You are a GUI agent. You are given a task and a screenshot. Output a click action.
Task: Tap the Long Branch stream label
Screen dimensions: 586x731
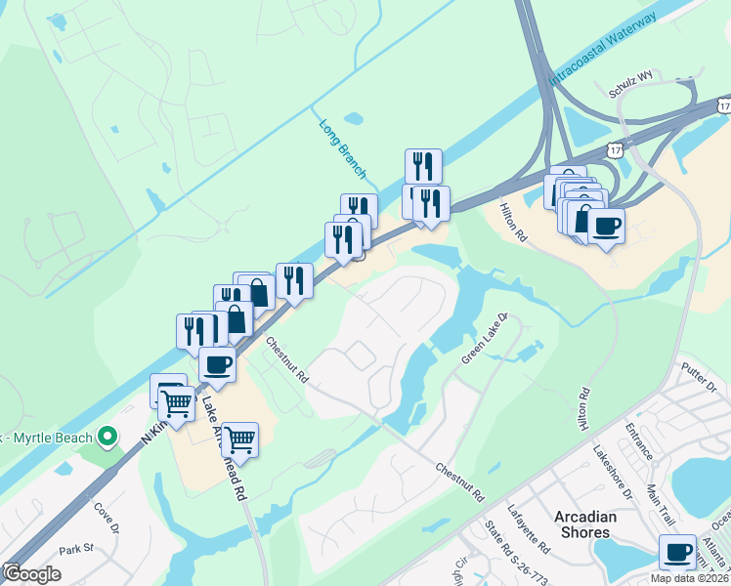coord(342,148)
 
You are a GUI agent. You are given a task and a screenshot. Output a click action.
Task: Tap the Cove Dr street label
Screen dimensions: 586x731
coord(106,516)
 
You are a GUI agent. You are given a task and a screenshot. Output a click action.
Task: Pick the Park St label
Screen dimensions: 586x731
coord(73,550)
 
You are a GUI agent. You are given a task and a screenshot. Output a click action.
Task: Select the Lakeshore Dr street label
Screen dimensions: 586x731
coord(614,471)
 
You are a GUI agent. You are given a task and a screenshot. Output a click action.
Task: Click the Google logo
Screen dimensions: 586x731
coord(31,573)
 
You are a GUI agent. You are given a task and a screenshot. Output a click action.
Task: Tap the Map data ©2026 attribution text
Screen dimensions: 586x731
coord(690,578)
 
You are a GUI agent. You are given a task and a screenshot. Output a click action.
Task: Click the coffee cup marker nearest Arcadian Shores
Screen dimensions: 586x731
coord(677,552)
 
